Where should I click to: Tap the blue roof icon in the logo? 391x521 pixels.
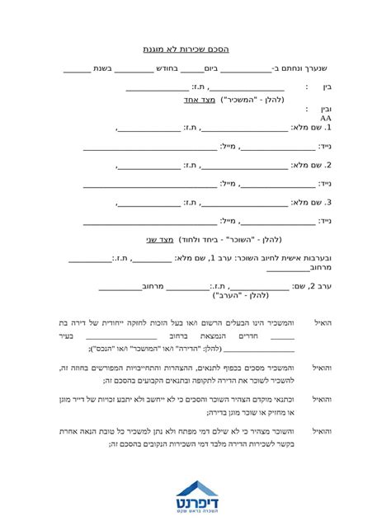point(196,486)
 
